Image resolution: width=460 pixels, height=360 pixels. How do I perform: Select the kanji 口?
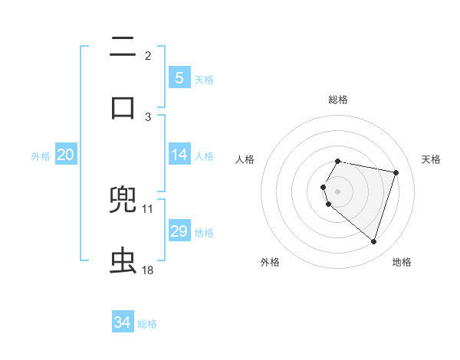(x=123, y=107)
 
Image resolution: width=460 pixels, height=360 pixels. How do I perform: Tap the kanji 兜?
(x=123, y=201)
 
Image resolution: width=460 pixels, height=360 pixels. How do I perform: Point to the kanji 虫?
(x=123, y=260)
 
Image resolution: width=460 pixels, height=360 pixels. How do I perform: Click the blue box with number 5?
(x=179, y=77)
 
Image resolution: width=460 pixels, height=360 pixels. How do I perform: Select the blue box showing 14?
(x=179, y=155)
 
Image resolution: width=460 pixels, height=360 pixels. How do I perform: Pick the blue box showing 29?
(x=179, y=231)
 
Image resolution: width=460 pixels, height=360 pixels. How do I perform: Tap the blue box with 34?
(x=122, y=322)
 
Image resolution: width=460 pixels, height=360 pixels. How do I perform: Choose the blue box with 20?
(x=65, y=155)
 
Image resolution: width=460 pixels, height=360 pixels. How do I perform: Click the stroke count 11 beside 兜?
(x=148, y=208)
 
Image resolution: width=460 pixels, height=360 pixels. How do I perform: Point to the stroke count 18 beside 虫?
(x=148, y=270)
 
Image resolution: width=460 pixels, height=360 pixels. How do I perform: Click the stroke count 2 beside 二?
(x=148, y=56)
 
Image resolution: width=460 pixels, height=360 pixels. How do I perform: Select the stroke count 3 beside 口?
(x=148, y=116)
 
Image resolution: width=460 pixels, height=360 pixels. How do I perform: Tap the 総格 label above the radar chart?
(x=338, y=100)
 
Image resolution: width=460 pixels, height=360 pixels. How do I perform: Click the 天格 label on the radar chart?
(x=432, y=159)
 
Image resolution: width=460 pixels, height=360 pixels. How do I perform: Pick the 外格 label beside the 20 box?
(x=41, y=156)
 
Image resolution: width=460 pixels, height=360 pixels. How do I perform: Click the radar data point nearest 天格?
(x=396, y=172)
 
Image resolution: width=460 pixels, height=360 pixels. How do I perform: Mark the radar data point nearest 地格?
(x=373, y=241)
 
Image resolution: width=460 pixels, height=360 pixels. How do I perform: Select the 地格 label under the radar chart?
(x=402, y=263)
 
